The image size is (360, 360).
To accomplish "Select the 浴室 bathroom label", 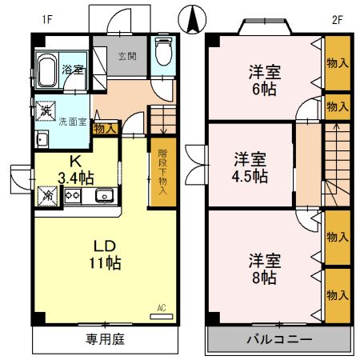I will [73, 70].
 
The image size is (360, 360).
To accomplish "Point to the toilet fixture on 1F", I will [163, 54].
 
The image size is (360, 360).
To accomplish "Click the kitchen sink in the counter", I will [104, 195].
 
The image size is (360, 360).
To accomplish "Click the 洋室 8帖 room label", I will [262, 269].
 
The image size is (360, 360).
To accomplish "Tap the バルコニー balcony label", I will [278, 339].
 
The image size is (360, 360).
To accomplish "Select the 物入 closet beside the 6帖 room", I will [337, 62].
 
